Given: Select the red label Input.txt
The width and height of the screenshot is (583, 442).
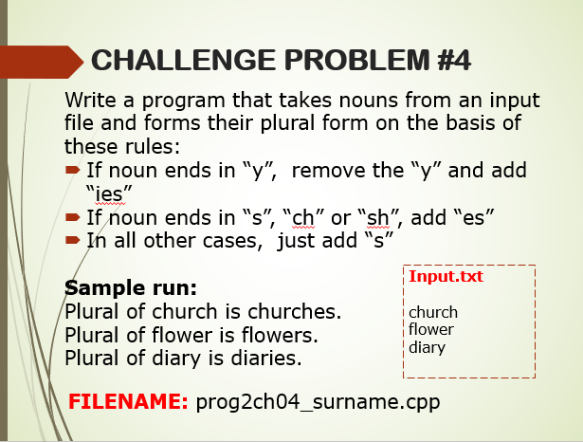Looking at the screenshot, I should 446,277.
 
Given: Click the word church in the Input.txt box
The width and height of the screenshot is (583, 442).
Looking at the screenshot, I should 433,312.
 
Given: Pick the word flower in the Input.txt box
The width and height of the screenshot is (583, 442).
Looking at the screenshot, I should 431,329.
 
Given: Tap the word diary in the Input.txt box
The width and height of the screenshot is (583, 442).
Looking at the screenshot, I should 427,347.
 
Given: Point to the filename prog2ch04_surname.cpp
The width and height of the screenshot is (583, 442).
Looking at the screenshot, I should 319,401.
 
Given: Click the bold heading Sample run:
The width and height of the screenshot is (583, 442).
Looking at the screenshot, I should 131,287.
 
